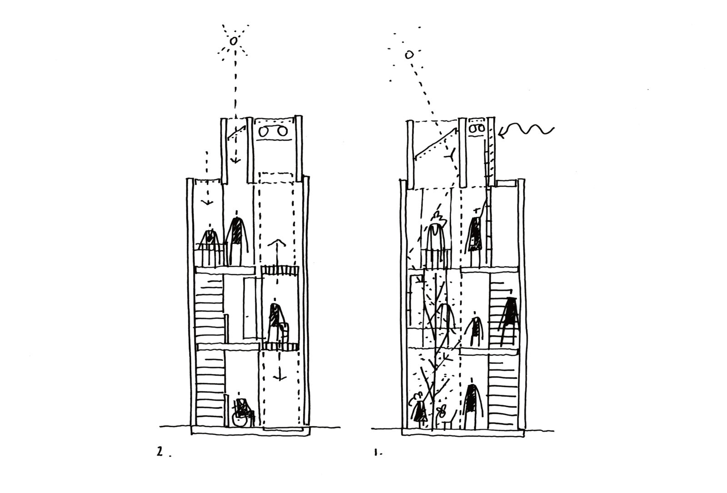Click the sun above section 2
(233, 41)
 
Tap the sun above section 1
(409, 55)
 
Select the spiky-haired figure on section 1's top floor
(437, 239)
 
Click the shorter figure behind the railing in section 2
(209, 241)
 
